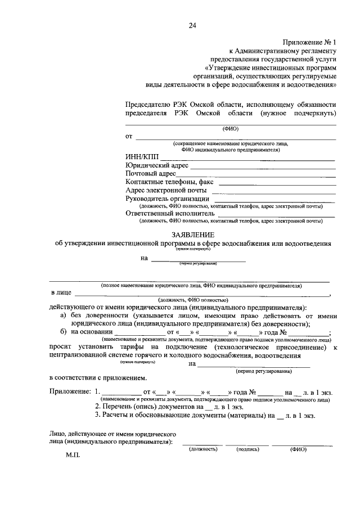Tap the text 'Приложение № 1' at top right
pyautogui.click(x=309, y=42)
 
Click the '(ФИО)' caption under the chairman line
pyautogui.click(x=231, y=128)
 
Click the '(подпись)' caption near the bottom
pyautogui.click(x=247, y=449)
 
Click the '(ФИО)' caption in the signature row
pyautogui.click(x=298, y=449)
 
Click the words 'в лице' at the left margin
pyautogui.click(x=61, y=293)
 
